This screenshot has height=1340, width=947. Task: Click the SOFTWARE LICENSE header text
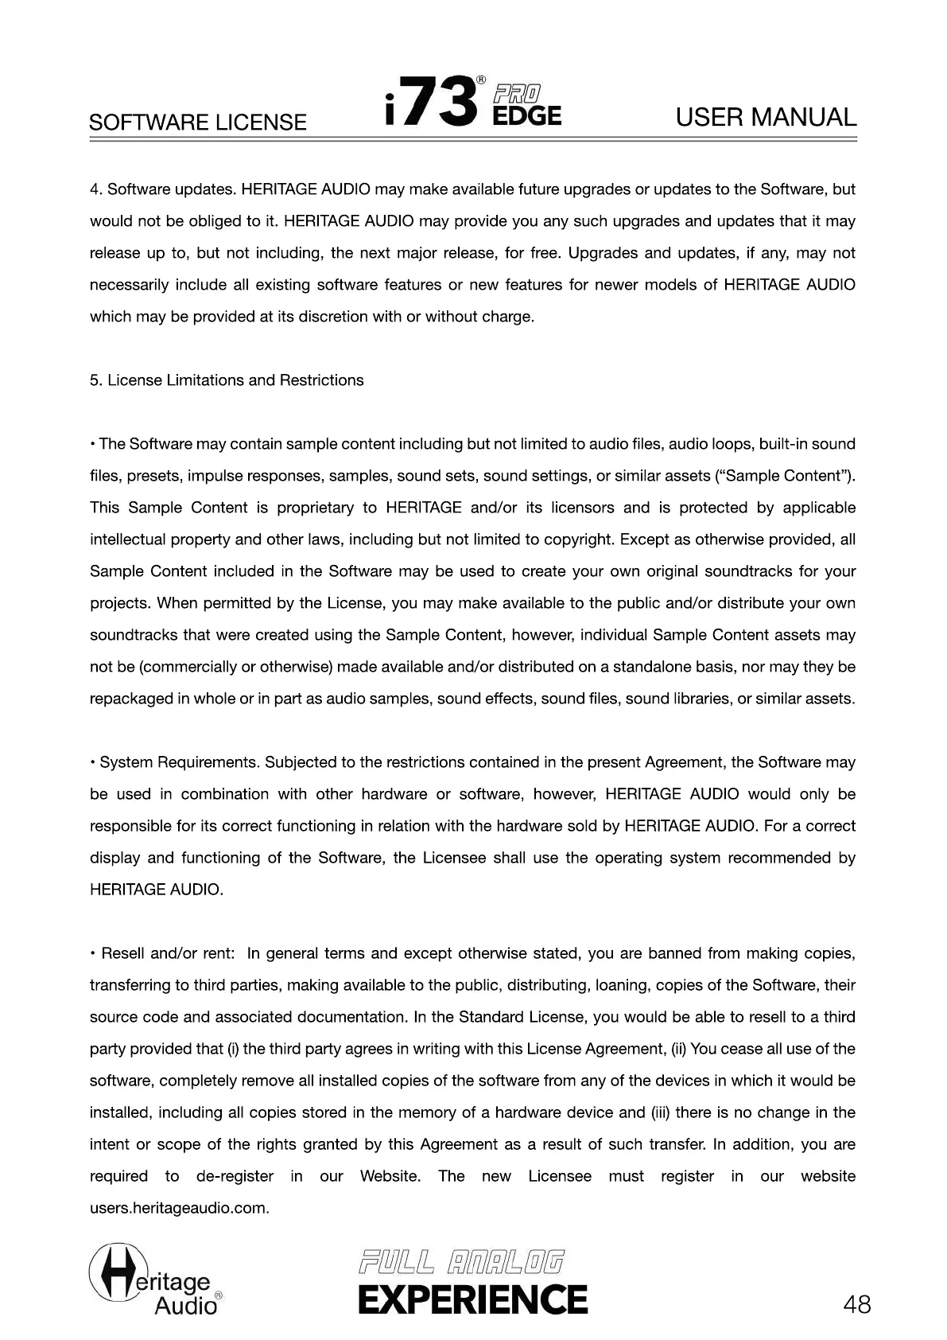click(197, 123)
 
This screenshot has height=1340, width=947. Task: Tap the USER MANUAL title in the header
click(766, 118)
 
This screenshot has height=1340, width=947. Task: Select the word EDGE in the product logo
click(526, 116)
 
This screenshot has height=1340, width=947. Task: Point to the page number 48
click(857, 1305)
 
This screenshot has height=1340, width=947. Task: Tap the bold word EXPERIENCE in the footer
click(472, 1299)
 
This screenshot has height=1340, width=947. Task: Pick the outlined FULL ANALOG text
click(461, 1262)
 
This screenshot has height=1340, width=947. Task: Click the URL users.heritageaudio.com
click(179, 1208)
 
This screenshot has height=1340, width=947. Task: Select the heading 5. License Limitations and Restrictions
click(227, 380)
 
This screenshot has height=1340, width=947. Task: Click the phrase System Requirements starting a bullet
click(179, 762)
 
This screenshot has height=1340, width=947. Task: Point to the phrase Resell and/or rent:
click(168, 953)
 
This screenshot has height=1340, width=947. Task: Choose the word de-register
click(235, 1176)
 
